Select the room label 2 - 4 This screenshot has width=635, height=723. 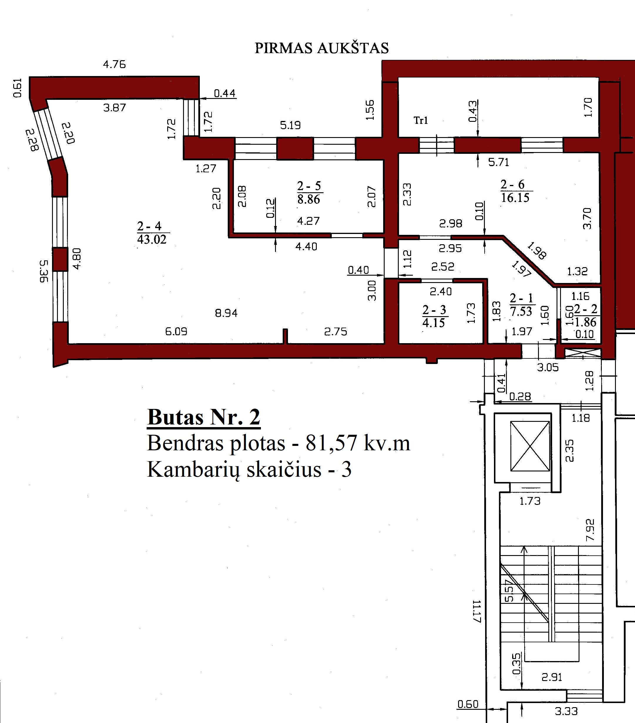click(149, 226)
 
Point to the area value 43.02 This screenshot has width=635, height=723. click(152, 240)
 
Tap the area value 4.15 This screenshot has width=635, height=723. click(434, 323)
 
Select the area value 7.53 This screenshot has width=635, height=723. click(521, 311)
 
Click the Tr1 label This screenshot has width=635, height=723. click(421, 121)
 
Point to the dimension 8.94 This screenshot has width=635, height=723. click(226, 313)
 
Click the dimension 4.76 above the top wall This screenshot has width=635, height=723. click(114, 64)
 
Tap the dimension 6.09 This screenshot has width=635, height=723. click(176, 331)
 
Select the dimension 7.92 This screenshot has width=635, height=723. click(590, 530)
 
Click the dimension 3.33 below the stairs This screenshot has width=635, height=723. click(566, 711)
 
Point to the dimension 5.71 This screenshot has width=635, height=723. click(499, 162)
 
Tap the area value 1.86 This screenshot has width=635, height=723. click(585, 322)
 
